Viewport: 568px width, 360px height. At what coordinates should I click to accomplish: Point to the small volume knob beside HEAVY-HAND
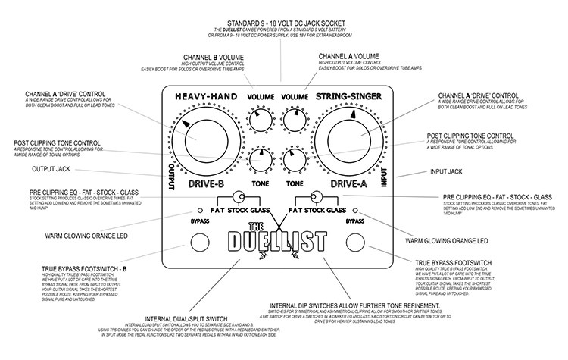point(260,119)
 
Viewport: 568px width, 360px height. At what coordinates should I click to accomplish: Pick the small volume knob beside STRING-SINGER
point(292,119)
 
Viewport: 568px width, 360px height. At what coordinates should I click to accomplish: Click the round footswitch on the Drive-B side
point(198,242)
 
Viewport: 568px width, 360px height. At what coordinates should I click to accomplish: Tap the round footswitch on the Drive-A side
point(354,242)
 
